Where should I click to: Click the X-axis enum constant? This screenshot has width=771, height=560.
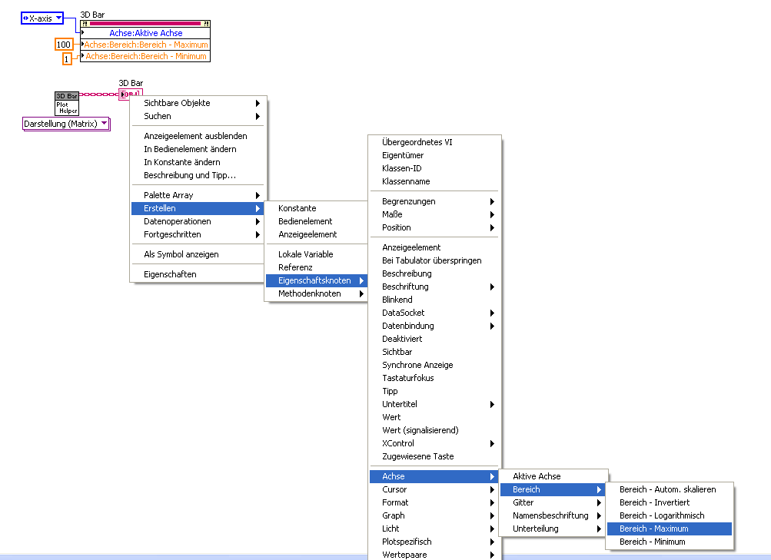pos(42,18)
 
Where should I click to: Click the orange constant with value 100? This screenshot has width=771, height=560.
pos(64,45)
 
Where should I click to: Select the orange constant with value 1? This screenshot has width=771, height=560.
pos(67,59)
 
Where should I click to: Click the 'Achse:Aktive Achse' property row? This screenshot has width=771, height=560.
pos(145,33)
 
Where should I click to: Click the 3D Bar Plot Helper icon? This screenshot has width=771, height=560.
pos(67,103)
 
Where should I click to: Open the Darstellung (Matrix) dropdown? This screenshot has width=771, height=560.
pos(66,124)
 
